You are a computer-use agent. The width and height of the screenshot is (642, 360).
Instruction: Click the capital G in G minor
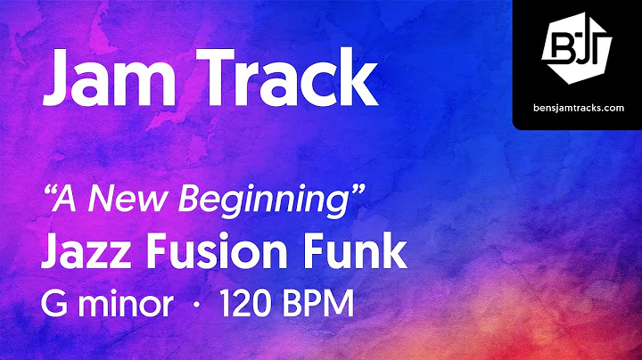point(55,302)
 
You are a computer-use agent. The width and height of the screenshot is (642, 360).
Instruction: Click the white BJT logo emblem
point(576,50)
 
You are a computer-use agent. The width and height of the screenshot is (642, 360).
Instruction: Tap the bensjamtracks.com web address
point(576,106)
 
